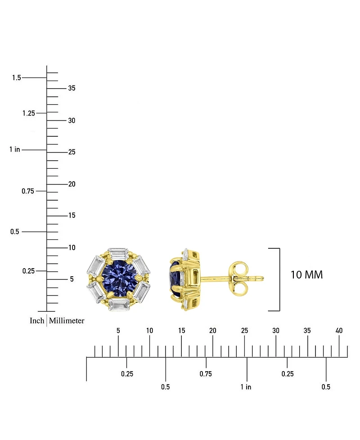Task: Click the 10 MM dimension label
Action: pos(306,274)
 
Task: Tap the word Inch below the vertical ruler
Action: pos(37,321)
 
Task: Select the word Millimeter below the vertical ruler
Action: pos(67,321)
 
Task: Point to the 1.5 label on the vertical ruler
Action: pos(17,78)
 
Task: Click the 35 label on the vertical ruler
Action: pos(72,88)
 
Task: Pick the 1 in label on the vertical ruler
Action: pos(15,149)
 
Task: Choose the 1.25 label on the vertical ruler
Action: pos(28,113)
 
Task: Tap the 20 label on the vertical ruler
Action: pos(72,184)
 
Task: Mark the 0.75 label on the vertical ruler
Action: pos(28,191)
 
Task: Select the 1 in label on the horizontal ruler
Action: pos(246,387)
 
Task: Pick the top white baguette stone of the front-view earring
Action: pos(118,252)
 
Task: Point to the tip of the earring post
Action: pos(263,278)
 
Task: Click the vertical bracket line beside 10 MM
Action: pos(280,279)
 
